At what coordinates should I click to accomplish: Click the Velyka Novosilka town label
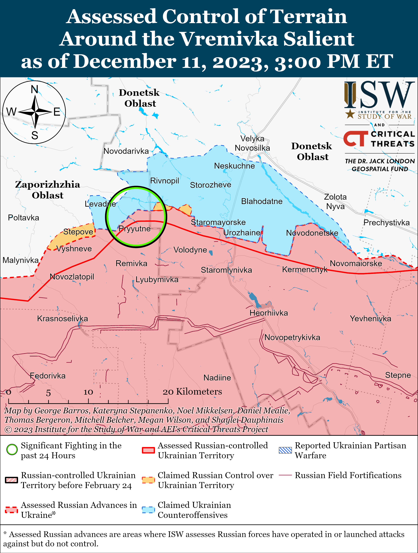click(x=252, y=143)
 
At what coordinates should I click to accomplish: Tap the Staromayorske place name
click(x=218, y=222)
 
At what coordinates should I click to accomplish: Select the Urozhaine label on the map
click(x=242, y=233)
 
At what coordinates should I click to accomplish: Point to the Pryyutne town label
click(x=134, y=229)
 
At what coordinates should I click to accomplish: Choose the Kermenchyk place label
click(x=305, y=269)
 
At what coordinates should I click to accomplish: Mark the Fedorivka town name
click(x=48, y=376)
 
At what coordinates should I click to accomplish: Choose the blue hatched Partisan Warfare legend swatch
click(x=285, y=450)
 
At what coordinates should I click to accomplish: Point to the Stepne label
click(x=398, y=375)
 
